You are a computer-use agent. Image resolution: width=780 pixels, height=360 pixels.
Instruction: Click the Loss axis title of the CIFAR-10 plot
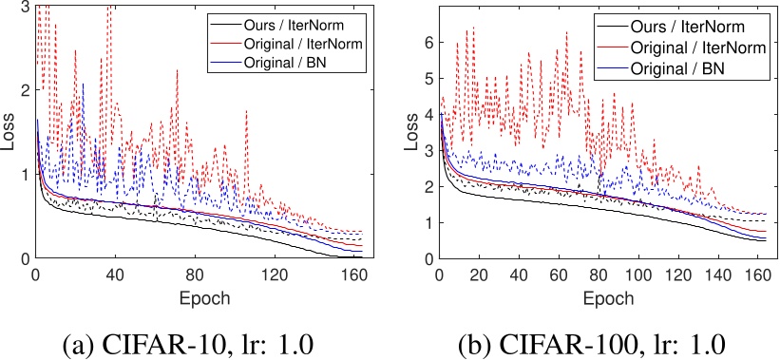tap(9, 132)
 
